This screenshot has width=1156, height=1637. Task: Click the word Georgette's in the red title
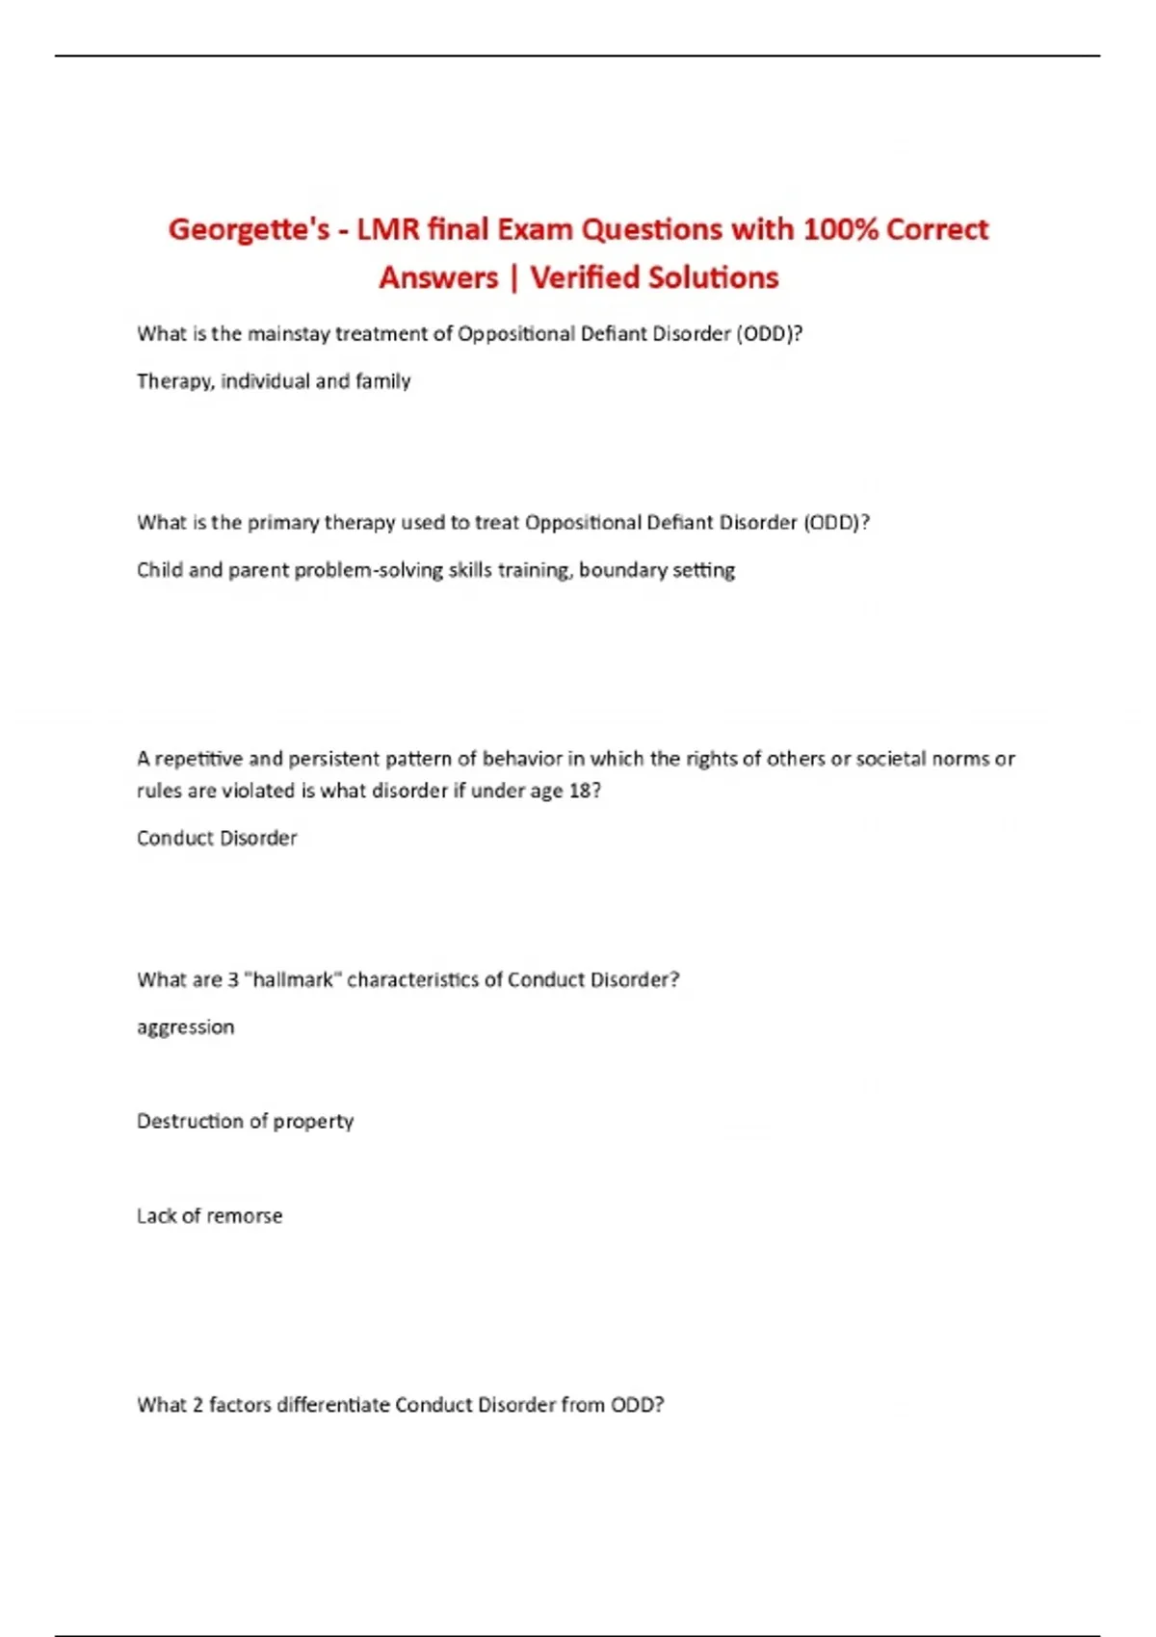249,230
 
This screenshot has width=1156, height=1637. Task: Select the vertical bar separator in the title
513,278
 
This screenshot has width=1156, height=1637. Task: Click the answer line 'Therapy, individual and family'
274,381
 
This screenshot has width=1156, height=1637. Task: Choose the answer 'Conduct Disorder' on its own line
217,838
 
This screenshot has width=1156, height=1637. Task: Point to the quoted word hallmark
294,979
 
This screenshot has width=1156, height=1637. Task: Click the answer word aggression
185,1027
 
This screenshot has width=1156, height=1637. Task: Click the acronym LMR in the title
388,230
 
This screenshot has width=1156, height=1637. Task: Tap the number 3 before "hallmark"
233,979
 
